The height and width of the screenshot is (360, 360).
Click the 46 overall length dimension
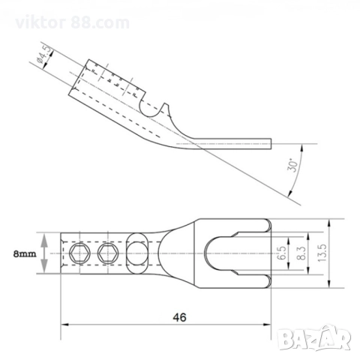point(178,317)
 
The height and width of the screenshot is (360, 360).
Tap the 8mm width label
point(24,255)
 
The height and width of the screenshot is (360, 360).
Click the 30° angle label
point(295,164)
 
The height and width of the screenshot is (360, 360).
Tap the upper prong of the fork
point(236,226)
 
